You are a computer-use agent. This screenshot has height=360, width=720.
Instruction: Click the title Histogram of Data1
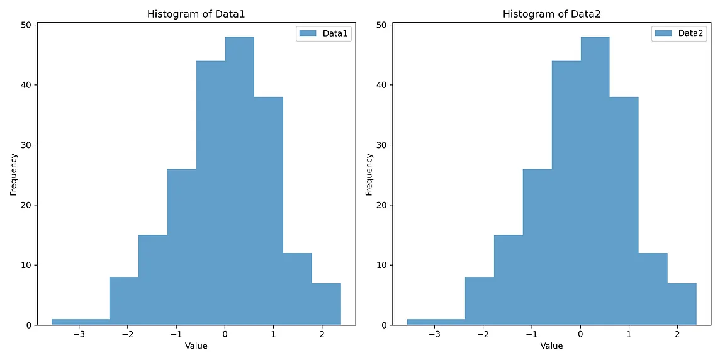196,14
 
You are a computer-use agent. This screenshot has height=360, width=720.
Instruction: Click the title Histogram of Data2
551,14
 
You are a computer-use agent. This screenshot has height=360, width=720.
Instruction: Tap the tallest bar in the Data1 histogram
240,183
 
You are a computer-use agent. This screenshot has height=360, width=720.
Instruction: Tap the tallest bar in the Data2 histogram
595,183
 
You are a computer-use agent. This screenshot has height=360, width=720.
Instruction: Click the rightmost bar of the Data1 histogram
326,305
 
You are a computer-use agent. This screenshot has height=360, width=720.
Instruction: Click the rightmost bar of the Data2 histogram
682,305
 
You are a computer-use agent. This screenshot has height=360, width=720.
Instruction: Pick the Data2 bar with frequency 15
508,280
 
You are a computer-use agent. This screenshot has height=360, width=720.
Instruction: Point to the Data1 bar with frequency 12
297,290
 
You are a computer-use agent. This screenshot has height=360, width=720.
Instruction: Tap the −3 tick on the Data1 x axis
79,334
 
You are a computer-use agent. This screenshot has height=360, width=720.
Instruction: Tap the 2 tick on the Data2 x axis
677,334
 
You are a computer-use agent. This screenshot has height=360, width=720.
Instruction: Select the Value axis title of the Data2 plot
551,346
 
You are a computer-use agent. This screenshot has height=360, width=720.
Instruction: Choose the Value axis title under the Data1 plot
196,346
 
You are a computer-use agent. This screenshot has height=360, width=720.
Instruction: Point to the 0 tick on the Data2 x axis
581,334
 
